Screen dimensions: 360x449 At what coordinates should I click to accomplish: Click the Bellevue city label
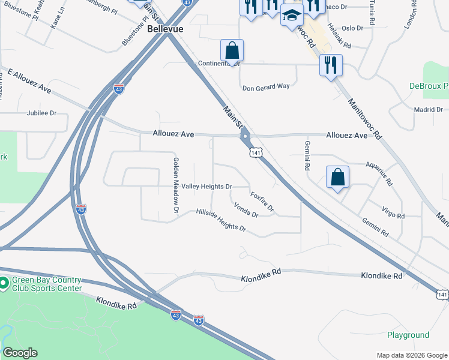point(165,28)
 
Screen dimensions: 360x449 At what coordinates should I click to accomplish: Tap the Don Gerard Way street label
point(266,86)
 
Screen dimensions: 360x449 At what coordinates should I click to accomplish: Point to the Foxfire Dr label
point(262,202)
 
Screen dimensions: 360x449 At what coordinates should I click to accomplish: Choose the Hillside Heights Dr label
point(221,220)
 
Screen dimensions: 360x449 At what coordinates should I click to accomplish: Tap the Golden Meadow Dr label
point(176,185)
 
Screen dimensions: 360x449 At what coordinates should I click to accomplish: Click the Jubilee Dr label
point(41,113)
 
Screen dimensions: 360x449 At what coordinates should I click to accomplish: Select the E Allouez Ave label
point(29,80)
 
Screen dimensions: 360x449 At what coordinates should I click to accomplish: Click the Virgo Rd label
point(393,212)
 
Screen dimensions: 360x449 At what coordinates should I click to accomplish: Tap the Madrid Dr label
point(428,109)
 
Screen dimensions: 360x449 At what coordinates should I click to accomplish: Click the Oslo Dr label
point(352,28)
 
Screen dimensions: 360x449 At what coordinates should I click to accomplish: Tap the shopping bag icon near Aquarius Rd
point(338,177)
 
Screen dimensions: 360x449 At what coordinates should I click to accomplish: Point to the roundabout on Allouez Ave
point(245,136)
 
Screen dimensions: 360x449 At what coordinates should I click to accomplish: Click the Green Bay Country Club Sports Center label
point(46,284)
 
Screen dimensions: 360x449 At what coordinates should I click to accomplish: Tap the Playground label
point(408,335)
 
